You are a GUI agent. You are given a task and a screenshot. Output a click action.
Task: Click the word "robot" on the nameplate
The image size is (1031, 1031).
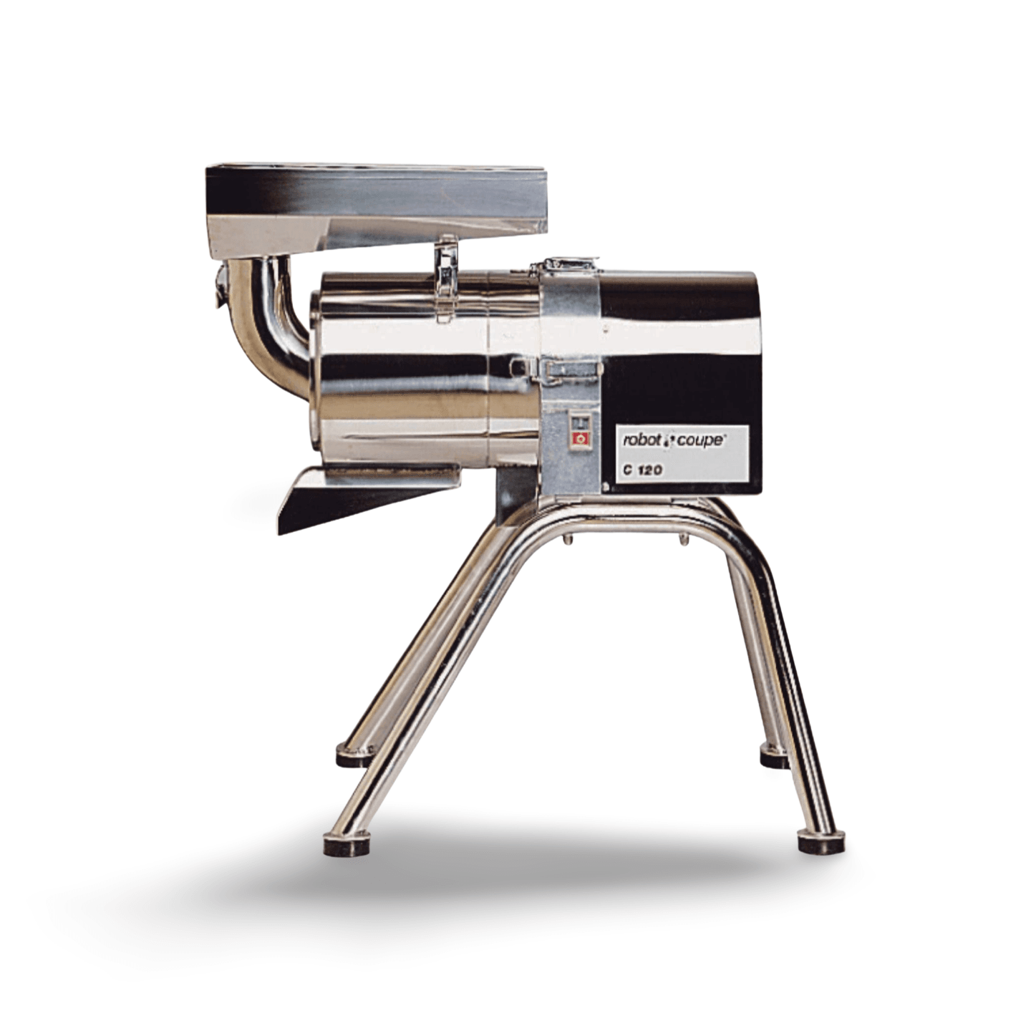(x=642, y=441)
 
